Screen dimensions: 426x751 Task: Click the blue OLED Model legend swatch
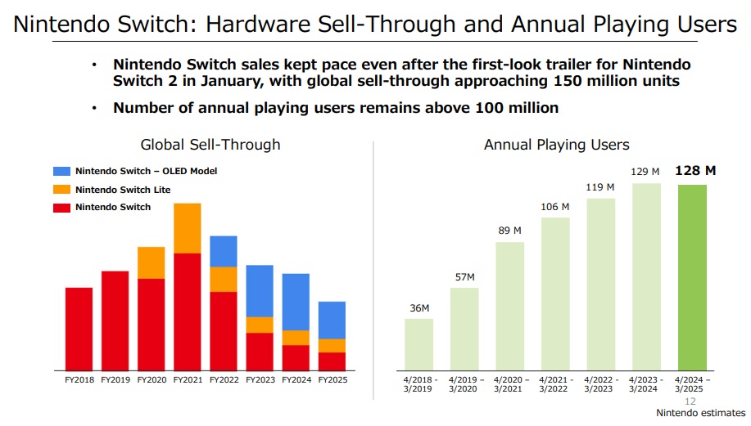click(62, 171)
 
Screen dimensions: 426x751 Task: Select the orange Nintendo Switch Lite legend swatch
click(62, 189)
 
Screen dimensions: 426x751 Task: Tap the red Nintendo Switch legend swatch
click(62, 207)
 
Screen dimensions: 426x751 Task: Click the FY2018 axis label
click(79, 380)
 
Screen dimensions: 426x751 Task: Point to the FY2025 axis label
click(332, 380)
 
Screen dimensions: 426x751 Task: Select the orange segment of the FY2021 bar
click(188, 228)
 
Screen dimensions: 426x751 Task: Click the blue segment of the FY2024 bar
click(296, 302)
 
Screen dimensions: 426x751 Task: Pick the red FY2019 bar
click(115, 320)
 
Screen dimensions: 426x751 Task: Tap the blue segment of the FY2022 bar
click(224, 251)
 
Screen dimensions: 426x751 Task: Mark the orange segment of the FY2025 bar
click(332, 345)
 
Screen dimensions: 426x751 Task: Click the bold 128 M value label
click(695, 171)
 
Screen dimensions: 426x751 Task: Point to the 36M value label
click(419, 307)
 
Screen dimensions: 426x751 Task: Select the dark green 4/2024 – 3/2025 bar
click(693, 277)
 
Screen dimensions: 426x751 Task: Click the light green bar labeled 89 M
click(510, 306)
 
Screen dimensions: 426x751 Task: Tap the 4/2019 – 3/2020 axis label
click(465, 384)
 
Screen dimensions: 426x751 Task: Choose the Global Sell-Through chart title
click(210, 145)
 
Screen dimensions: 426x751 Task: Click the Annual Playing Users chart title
click(557, 145)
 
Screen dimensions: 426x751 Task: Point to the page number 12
click(690, 401)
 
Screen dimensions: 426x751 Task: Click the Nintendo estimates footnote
click(701, 413)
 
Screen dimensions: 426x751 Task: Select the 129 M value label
click(645, 172)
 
